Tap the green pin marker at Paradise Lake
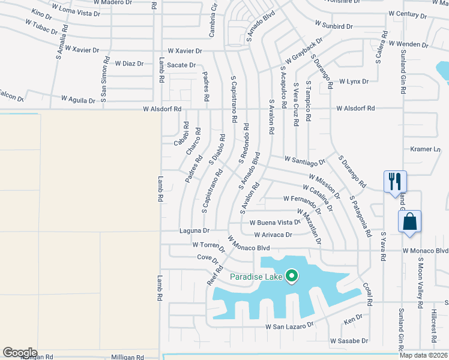click(292, 276)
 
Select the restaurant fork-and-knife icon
click(395, 181)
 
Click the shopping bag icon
click(409, 221)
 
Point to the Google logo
click(20, 353)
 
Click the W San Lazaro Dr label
click(290, 326)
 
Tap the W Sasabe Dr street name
click(349, 341)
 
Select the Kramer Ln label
click(426, 149)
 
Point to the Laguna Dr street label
click(194, 230)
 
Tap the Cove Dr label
click(207, 258)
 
